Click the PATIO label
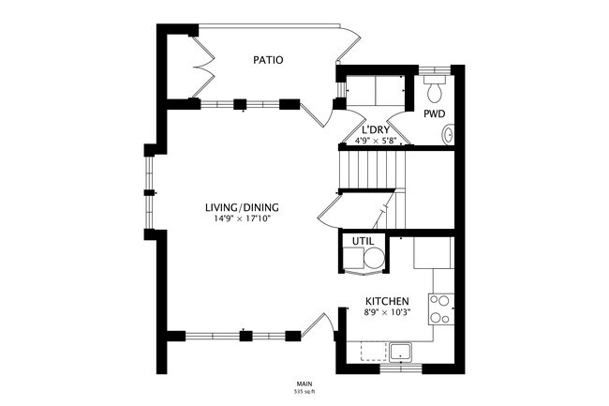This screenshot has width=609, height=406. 268,60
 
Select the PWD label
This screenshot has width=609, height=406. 434,113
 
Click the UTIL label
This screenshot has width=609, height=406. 363,242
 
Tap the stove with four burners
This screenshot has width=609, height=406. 441,308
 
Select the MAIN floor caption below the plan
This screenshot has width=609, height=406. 304,382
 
